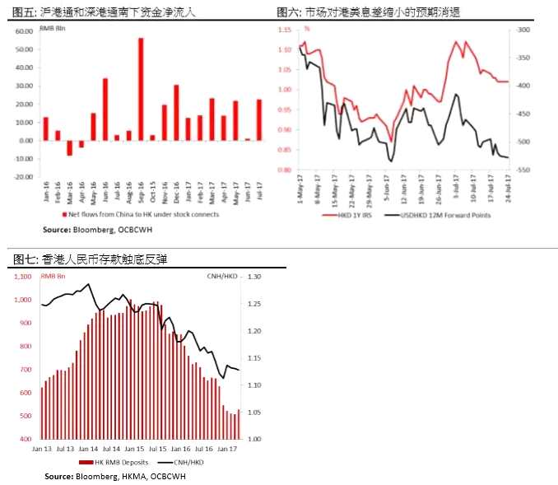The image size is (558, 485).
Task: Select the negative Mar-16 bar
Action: (x=69, y=147)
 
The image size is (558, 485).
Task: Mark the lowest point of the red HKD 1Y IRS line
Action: (x=391, y=141)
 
